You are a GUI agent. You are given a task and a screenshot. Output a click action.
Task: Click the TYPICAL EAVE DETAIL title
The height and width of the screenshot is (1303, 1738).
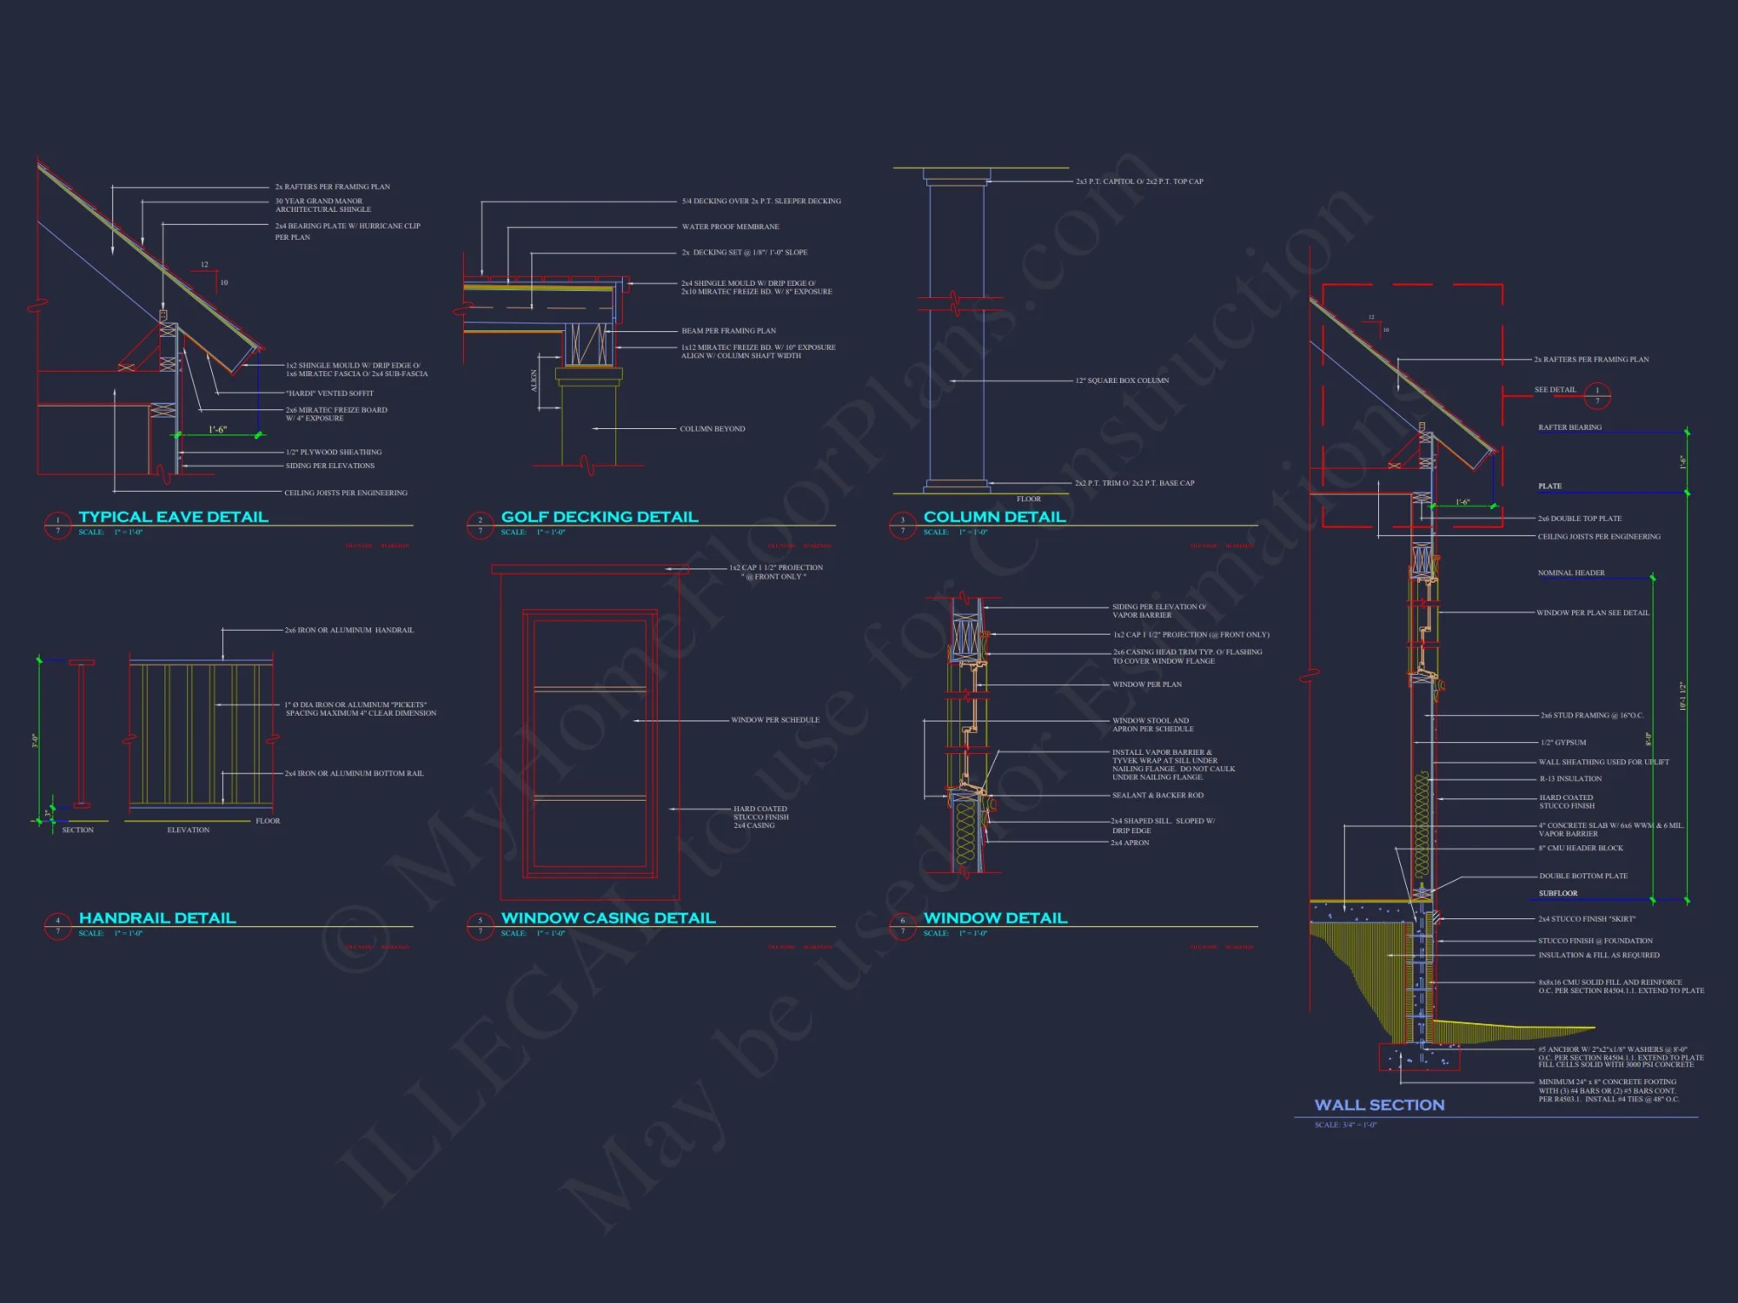pyautogui.click(x=173, y=517)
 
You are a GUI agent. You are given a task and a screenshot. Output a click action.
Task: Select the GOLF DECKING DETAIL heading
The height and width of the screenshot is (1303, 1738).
pyautogui.click(x=600, y=517)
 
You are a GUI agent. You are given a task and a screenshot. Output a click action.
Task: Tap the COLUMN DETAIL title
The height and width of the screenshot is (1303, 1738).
pyautogui.click(x=994, y=517)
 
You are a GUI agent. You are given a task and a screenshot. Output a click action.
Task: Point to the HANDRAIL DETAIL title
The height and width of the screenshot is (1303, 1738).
pyautogui.click(x=157, y=918)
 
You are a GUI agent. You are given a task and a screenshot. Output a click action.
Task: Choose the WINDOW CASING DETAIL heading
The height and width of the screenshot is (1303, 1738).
pyautogui.click(x=608, y=918)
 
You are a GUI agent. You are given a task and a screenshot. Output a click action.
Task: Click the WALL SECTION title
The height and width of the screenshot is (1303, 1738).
pyautogui.click(x=1379, y=1105)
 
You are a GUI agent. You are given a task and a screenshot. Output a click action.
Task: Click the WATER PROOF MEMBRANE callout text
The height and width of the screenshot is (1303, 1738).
pyautogui.click(x=730, y=227)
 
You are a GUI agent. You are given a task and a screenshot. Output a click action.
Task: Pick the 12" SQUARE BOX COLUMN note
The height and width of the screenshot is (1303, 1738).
pyautogui.click(x=1122, y=380)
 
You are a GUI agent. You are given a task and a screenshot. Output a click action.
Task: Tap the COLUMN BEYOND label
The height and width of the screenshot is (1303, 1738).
pyautogui.click(x=712, y=429)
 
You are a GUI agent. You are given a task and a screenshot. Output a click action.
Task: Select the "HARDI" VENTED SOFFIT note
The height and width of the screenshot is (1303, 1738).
pyautogui.click(x=329, y=394)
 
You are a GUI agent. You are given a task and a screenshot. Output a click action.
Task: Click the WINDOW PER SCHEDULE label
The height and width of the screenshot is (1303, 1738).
pyautogui.click(x=774, y=720)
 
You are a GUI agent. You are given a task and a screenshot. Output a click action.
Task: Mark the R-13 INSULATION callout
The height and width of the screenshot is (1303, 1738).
pyautogui.click(x=1570, y=779)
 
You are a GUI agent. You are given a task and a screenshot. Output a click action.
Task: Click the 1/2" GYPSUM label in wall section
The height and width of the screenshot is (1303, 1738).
pyautogui.click(x=1563, y=743)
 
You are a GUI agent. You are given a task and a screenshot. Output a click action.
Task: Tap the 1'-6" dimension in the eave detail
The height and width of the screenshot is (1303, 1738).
pyautogui.click(x=217, y=430)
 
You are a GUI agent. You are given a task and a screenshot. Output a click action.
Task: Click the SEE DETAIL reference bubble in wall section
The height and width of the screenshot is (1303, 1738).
pyautogui.click(x=1596, y=396)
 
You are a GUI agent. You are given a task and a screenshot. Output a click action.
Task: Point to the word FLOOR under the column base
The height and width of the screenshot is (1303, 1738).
pyautogui.click(x=1028, y=499)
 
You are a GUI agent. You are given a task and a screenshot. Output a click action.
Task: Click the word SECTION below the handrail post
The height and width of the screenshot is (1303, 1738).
pyautogui.click(x=77, y=830)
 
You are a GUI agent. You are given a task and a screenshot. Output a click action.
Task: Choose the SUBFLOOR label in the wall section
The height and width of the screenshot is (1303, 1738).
pyautogui.click(x=1557, y=893)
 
